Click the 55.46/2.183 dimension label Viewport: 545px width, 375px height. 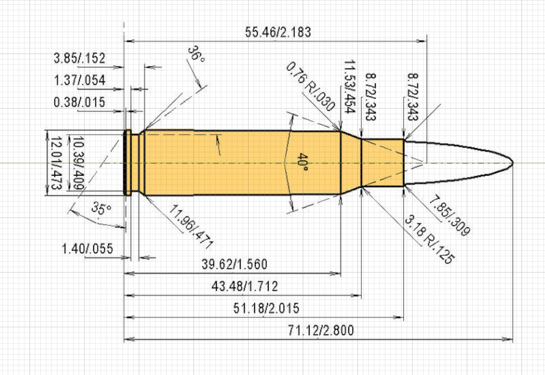coord(278,32)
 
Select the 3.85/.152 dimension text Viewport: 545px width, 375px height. coord(79,58)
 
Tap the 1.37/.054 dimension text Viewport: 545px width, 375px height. coord(79,80)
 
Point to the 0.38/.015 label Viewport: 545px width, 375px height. coord(79,102)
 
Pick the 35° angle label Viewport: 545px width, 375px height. coord(101,208)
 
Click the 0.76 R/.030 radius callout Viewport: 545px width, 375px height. coord(310,86)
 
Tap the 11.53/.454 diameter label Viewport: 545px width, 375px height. coord(350,87)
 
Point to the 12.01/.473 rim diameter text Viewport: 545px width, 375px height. coord(56,163)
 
